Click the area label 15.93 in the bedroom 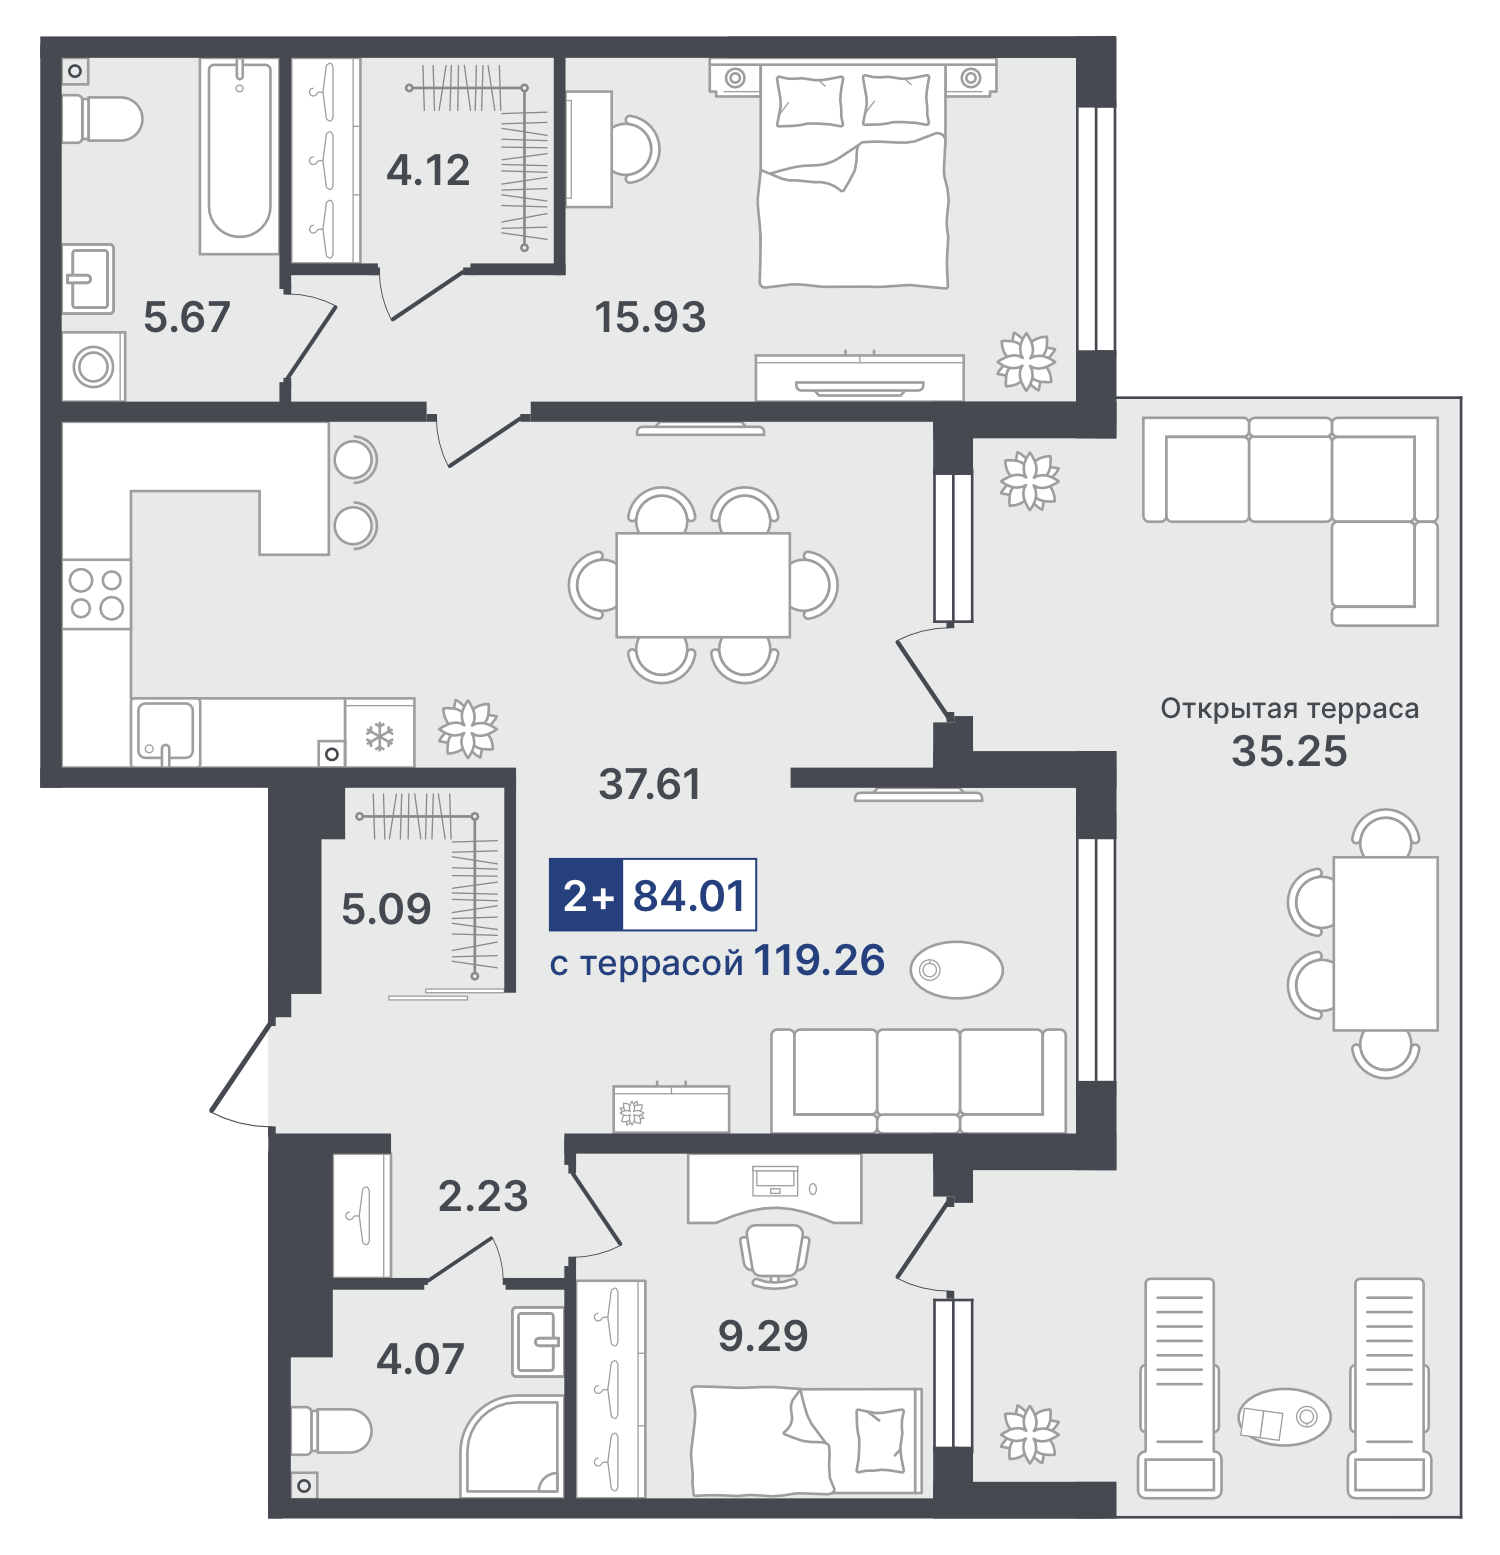[x=650, y=317]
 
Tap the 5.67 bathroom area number [x=187, y=317]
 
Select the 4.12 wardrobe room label [x=428, y=170]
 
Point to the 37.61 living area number [x=650, y=784]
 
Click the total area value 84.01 [x=690, y=895]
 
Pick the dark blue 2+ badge [x=587, y=895]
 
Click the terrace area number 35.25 [x=1289, y=751]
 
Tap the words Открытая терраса [x=1289, y=708]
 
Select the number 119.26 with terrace [x=819, y=960]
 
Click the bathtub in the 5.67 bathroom [x=239, y=155]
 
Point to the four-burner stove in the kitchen [x=97, y=594]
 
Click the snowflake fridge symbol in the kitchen [x=379, y=737]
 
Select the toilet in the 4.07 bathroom [x=331, y=1431]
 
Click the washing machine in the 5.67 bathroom [x=94, y=366]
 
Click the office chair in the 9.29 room [x=774, y=1255]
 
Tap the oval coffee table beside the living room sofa [x=957, y=970]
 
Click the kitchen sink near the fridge [x=166, y=732]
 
